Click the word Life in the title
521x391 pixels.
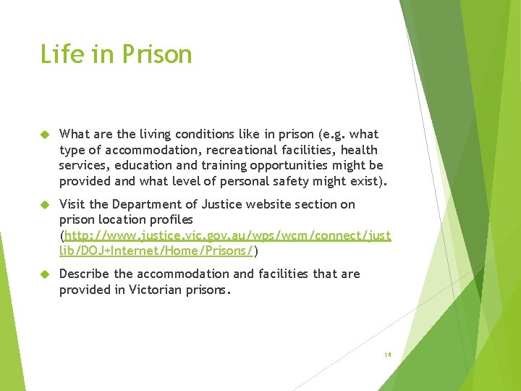point(57,54)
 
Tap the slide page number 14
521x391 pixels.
point(388,355)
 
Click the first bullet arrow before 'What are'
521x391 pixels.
point(44,135)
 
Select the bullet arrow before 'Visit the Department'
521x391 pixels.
point(44,205)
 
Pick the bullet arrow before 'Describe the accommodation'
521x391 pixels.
point(44,274)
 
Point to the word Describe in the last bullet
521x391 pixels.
point(85,274)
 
